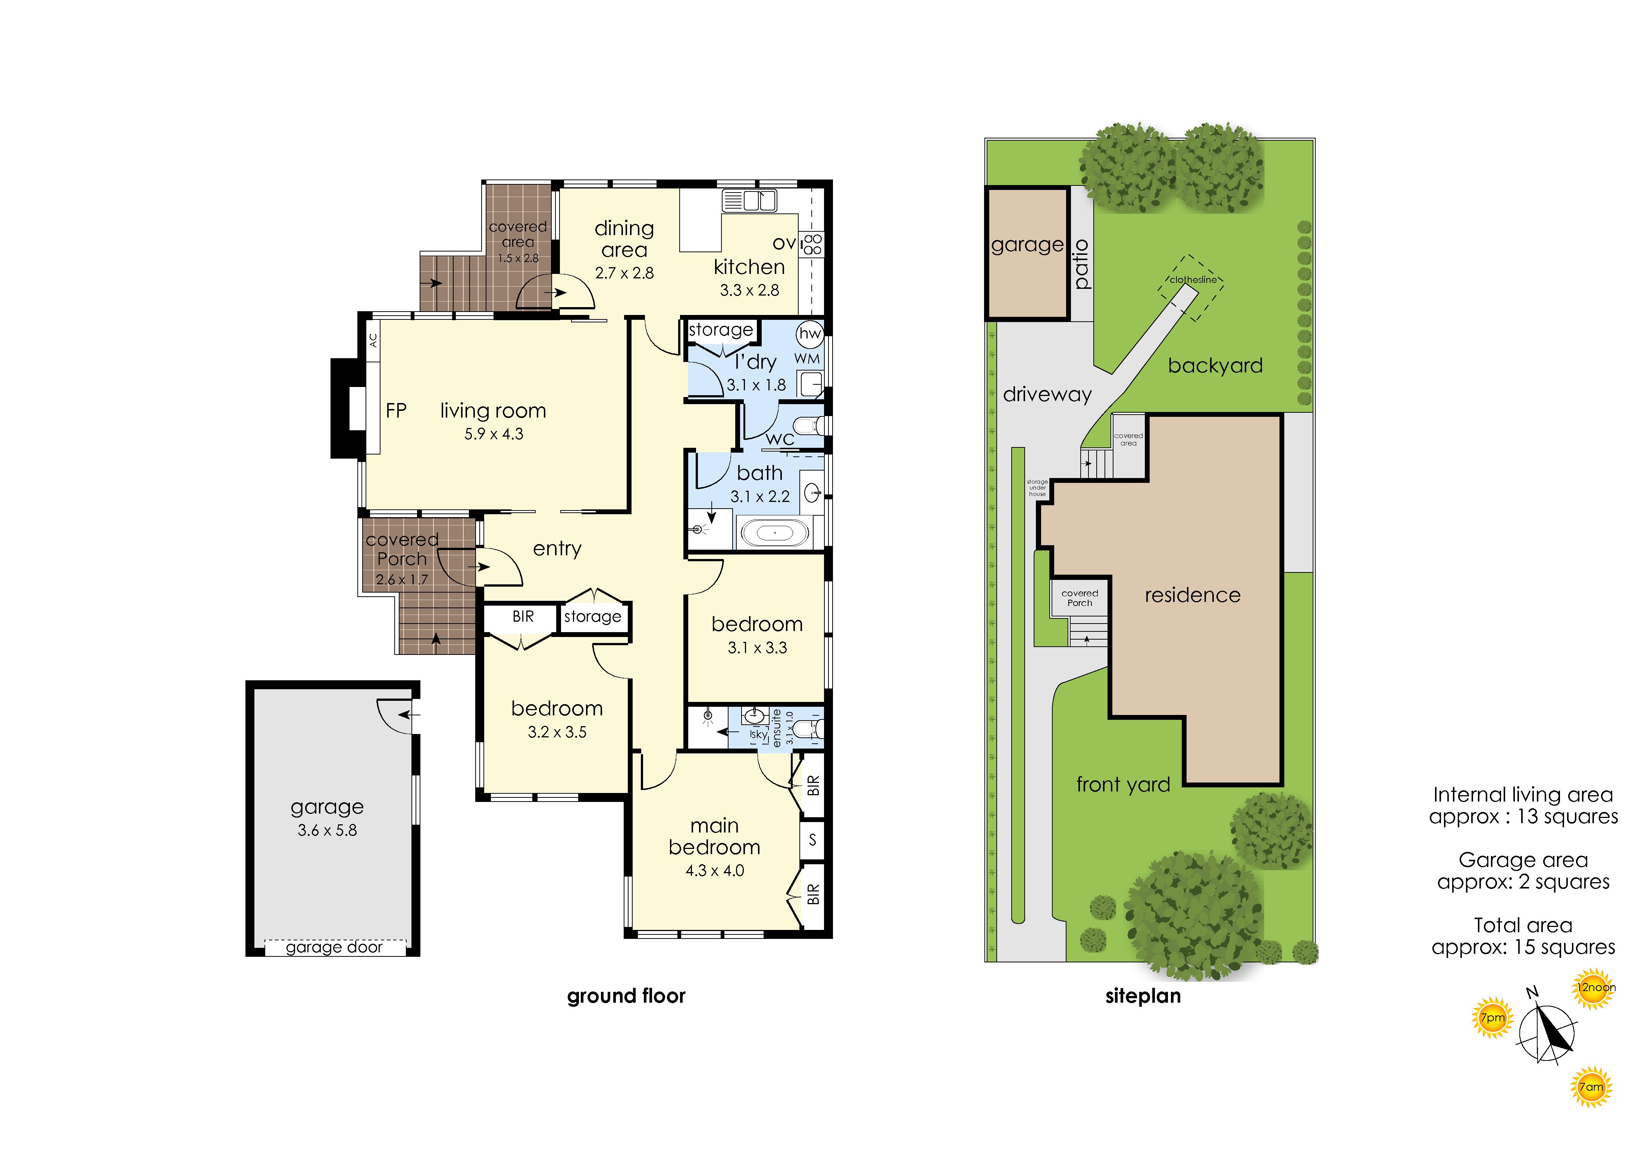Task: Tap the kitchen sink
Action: [750, 201]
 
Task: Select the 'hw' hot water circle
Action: [810, 333]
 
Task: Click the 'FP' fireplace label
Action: [396, 411]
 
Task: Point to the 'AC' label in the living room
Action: [373, 340]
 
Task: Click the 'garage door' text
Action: [334, 947]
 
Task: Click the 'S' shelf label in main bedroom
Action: [812, 839]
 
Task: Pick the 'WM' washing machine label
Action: [807, 358]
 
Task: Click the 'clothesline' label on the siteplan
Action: [1193, 280]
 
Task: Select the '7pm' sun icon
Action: [1493, 1018]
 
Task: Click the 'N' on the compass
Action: [1532, 993]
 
